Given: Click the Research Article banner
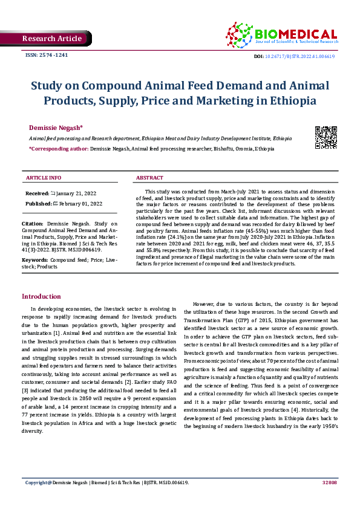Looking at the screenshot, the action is (x=51, y=39).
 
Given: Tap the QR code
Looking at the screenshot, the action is (x=326, y=137).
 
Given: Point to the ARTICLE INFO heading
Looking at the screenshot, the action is (x=44, y=178).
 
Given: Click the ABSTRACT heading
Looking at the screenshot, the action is (x=149, y=178).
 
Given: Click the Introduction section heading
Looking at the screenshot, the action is (x=41, y=296).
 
